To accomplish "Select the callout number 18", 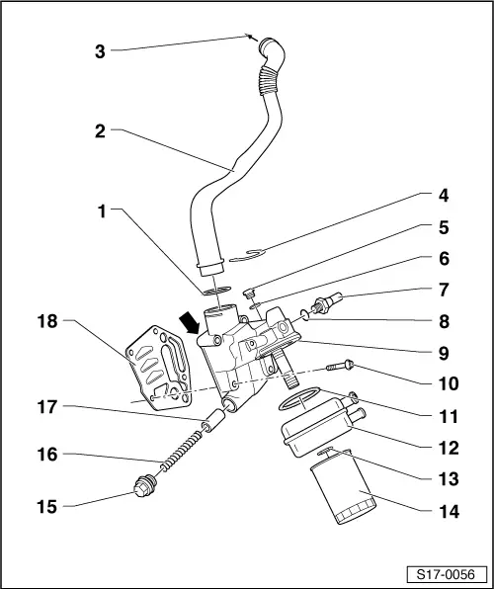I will [x=47, y=321].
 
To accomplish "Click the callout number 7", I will [x=450, y=291].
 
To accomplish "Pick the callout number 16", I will [x=47, y=456].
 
